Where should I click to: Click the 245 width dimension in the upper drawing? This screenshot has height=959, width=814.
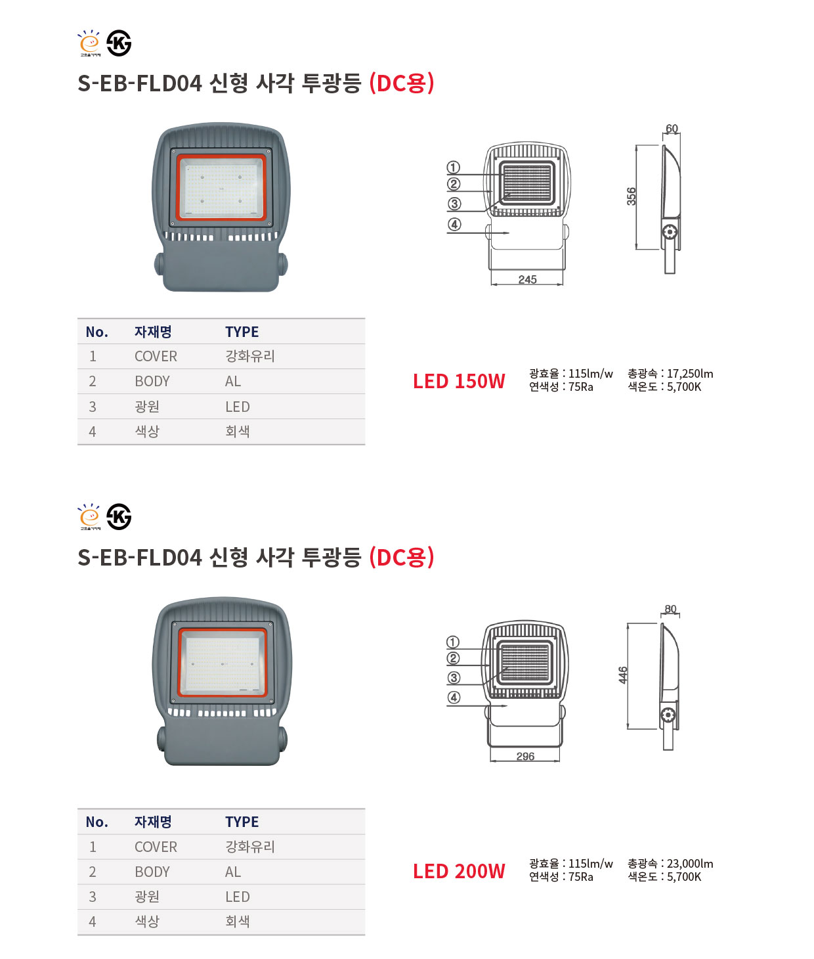pyautogui.click(x=527, y=279)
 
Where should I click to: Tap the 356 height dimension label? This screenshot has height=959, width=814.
pyautogui.click(x=632, y=196)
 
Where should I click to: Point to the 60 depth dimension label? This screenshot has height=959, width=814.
pyautogui.click(x=672, y=129)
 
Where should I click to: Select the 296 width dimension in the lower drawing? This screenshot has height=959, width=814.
pyautogui.click(x=526, y=756)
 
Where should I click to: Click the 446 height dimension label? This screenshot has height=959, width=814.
pyautogui.click(x=623, y=675)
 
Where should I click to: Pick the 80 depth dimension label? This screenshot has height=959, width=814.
pyautogui.click(x=670, y=609)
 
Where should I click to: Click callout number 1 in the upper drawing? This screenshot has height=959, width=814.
pyautogui.click(x=453, y=167)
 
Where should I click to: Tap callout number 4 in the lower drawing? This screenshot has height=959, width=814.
pyautogui.click(x=454, y=698)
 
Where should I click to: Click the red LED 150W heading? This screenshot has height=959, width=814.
pyautogui.click(x=459, y=382)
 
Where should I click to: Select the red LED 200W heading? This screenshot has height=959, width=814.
pyautogui.click(x=459, y=872)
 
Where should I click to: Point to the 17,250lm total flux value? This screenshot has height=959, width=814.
pyautogui.click(x=690, y=374)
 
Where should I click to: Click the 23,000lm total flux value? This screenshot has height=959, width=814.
pyautogui.click(x=690, y=863)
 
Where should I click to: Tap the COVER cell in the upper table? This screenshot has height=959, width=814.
pyautogui.click(x=156, y=356)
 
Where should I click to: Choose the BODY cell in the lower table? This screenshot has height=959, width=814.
pyautogui.click(x=152, y=872)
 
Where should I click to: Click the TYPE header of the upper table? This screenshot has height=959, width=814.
pyautogui.click(x=242, y=332)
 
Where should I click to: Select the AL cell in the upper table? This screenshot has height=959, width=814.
pyautogui.click(x=233, y=382)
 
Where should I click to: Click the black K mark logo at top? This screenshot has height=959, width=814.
pyautogui.click(x=119, y=43)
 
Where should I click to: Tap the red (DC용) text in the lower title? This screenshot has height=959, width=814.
pyautogui.click(x=402, y=557)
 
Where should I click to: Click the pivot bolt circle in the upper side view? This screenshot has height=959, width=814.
pyautogui.click(x=670, y=232)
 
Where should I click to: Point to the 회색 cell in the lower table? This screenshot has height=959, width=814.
pyautogui.click(x=238, y=922)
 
